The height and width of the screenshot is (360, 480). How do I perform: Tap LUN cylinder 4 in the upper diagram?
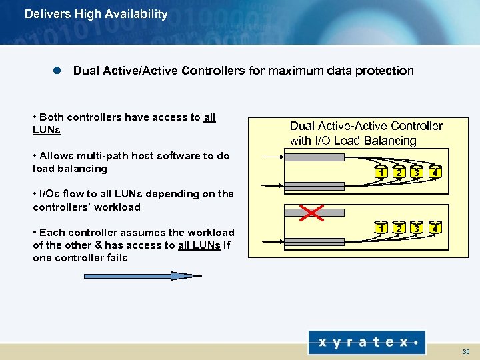[435, 173]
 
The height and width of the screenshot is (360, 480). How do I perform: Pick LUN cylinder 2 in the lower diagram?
[399, 228]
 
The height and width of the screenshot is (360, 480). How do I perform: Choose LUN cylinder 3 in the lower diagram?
[417, 228]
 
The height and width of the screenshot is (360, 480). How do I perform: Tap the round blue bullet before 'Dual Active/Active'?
[57, 71]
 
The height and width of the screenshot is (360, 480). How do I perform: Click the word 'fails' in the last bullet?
[115, 258]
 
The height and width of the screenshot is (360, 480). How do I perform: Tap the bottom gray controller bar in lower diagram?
[314, 229]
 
